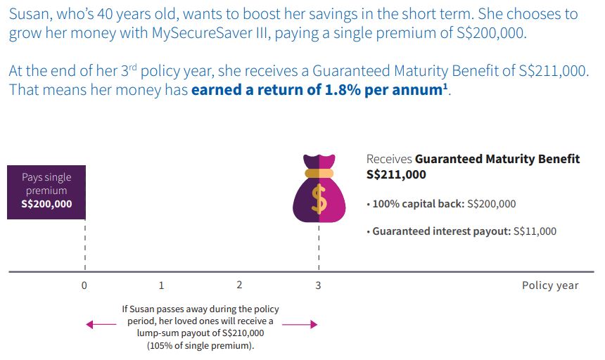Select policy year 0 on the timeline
click(x=84, y=285)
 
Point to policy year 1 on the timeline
click(x=162, y=285)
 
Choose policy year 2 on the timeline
click(x=239, y=285)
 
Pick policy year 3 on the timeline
click(x=318, y=285)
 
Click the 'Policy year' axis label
click(x=550, y=285)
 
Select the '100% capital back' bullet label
click(x=415, y=204)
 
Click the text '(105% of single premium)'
click(x=200, y=346)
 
